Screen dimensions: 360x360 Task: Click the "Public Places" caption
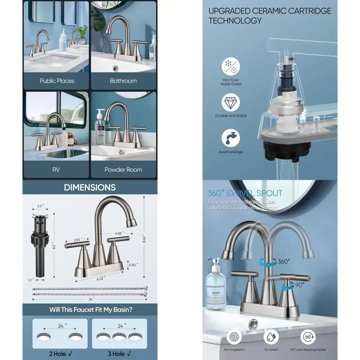pos(57,81)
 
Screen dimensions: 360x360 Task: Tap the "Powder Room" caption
pos(123,170)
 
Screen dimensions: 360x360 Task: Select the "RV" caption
pos(56,170)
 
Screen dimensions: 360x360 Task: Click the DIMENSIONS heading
pos(90,187)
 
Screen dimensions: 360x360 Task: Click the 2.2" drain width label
pos(40,206)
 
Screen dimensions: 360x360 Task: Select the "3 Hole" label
pos(118,354)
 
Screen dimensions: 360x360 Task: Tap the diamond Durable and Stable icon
pos(230,103)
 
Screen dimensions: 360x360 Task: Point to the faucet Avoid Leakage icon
pos(230,139)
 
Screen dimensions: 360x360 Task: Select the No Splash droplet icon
pos(271,338)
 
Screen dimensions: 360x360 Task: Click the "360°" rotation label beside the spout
pos(284,261)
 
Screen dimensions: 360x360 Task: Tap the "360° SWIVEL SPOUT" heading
pos(244,193)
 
